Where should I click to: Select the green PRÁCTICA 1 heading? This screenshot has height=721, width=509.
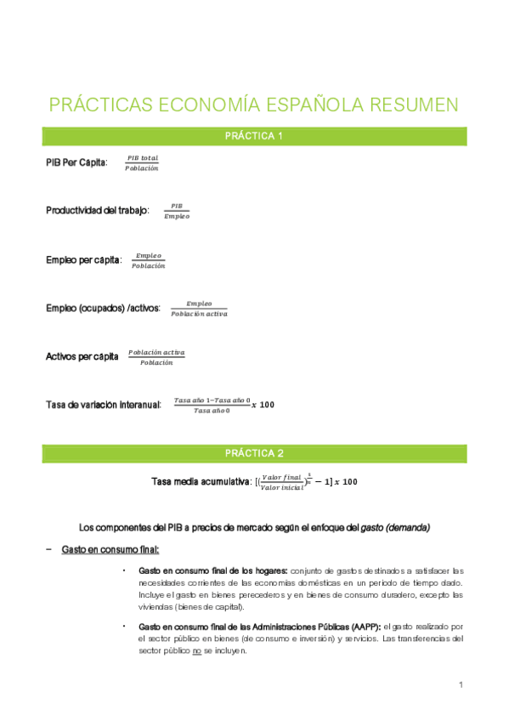pyautogui.click(x=254, y=136)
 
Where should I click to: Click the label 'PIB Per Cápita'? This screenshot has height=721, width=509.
pyautogui.click(x=76, y=162)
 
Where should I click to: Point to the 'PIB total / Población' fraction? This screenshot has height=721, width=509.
pyautogui.click(x=142, y=162)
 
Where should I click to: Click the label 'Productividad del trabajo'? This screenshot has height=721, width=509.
pyautogui.click(x=98, y=210)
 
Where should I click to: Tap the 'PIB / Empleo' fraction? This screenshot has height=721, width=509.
pyautogui.click(x=177, y=211)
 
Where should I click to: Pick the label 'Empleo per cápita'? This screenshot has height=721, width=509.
pyautogui.click(x=83, y=259)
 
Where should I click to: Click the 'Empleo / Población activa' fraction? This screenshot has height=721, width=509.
pyautogui.click(x=199, y=309)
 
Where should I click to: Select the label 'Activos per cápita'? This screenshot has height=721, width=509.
pyautogui.click(x=82, y=357)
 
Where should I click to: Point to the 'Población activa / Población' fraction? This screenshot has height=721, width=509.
pyautogui.click(x=156, y=357)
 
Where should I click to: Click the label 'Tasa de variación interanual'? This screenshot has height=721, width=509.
pyautogui.click(x=103, y=405)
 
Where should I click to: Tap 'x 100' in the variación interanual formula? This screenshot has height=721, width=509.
pyautogui.click(x=263, y=405)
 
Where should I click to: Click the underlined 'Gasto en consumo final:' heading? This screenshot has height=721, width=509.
pyautogui.click(x=110, y=550)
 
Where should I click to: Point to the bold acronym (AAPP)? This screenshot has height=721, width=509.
pyautogui.click(x=365, y=626)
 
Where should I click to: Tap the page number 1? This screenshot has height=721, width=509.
pyautogui.click(x=460, y=685)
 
